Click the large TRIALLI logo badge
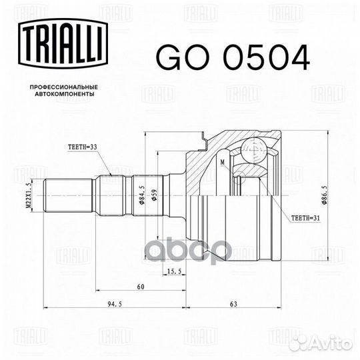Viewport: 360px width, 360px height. click(x=63, y=43)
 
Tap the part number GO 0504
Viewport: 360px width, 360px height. click(x=233, y=57)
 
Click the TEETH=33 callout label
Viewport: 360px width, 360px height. click(x=83, y=147)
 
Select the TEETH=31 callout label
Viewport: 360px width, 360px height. click(x=305, y=218)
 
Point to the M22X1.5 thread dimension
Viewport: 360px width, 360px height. click(x=29, y=195)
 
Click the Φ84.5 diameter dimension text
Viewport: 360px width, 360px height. click(x=141, y=195)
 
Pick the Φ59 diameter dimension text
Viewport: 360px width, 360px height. click(x=154, y=195)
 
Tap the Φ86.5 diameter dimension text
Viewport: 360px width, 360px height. click(x=324, y=195)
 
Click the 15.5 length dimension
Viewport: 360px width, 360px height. click(x=174, y=271)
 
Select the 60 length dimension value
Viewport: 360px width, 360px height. click(x=141, y=287)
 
